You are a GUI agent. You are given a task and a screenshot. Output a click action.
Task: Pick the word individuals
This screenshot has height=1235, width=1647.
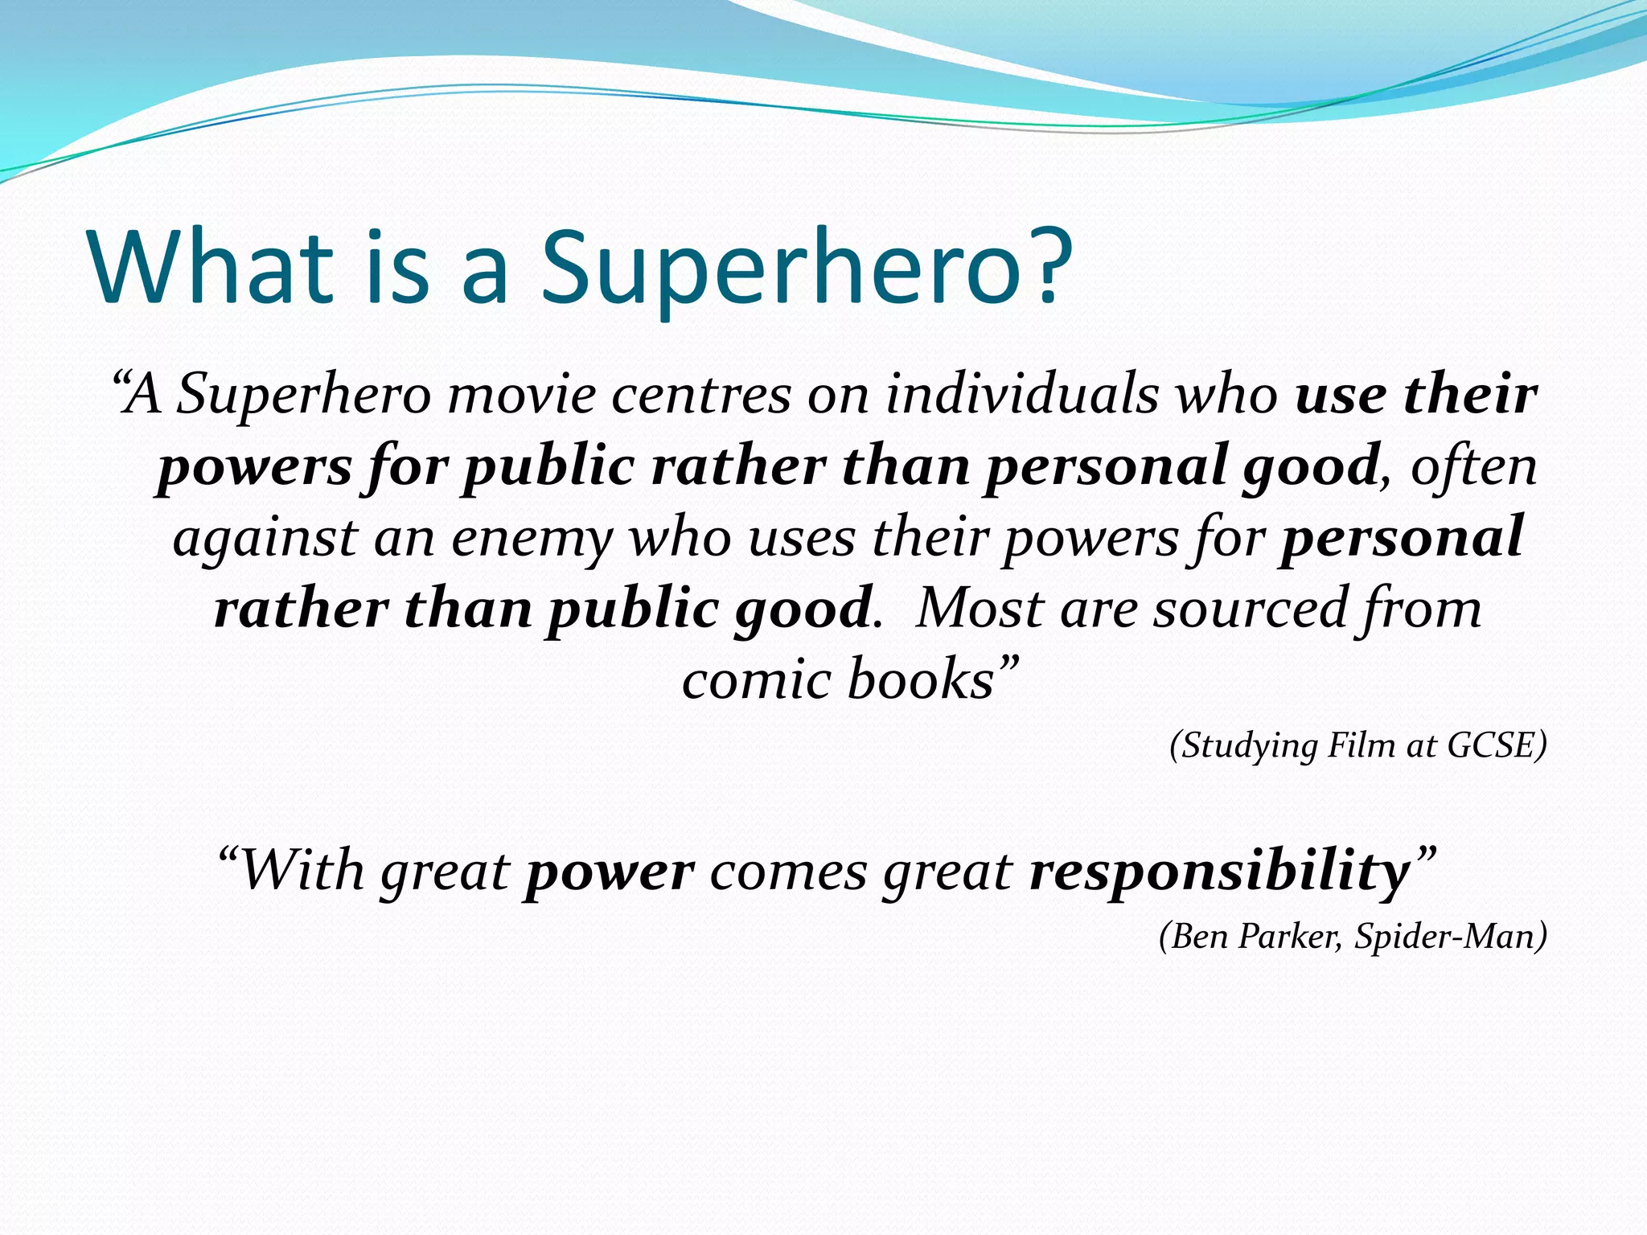tap(1021, 396)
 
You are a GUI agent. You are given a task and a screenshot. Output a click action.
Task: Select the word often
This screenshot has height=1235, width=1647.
tap(1473, 466)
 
